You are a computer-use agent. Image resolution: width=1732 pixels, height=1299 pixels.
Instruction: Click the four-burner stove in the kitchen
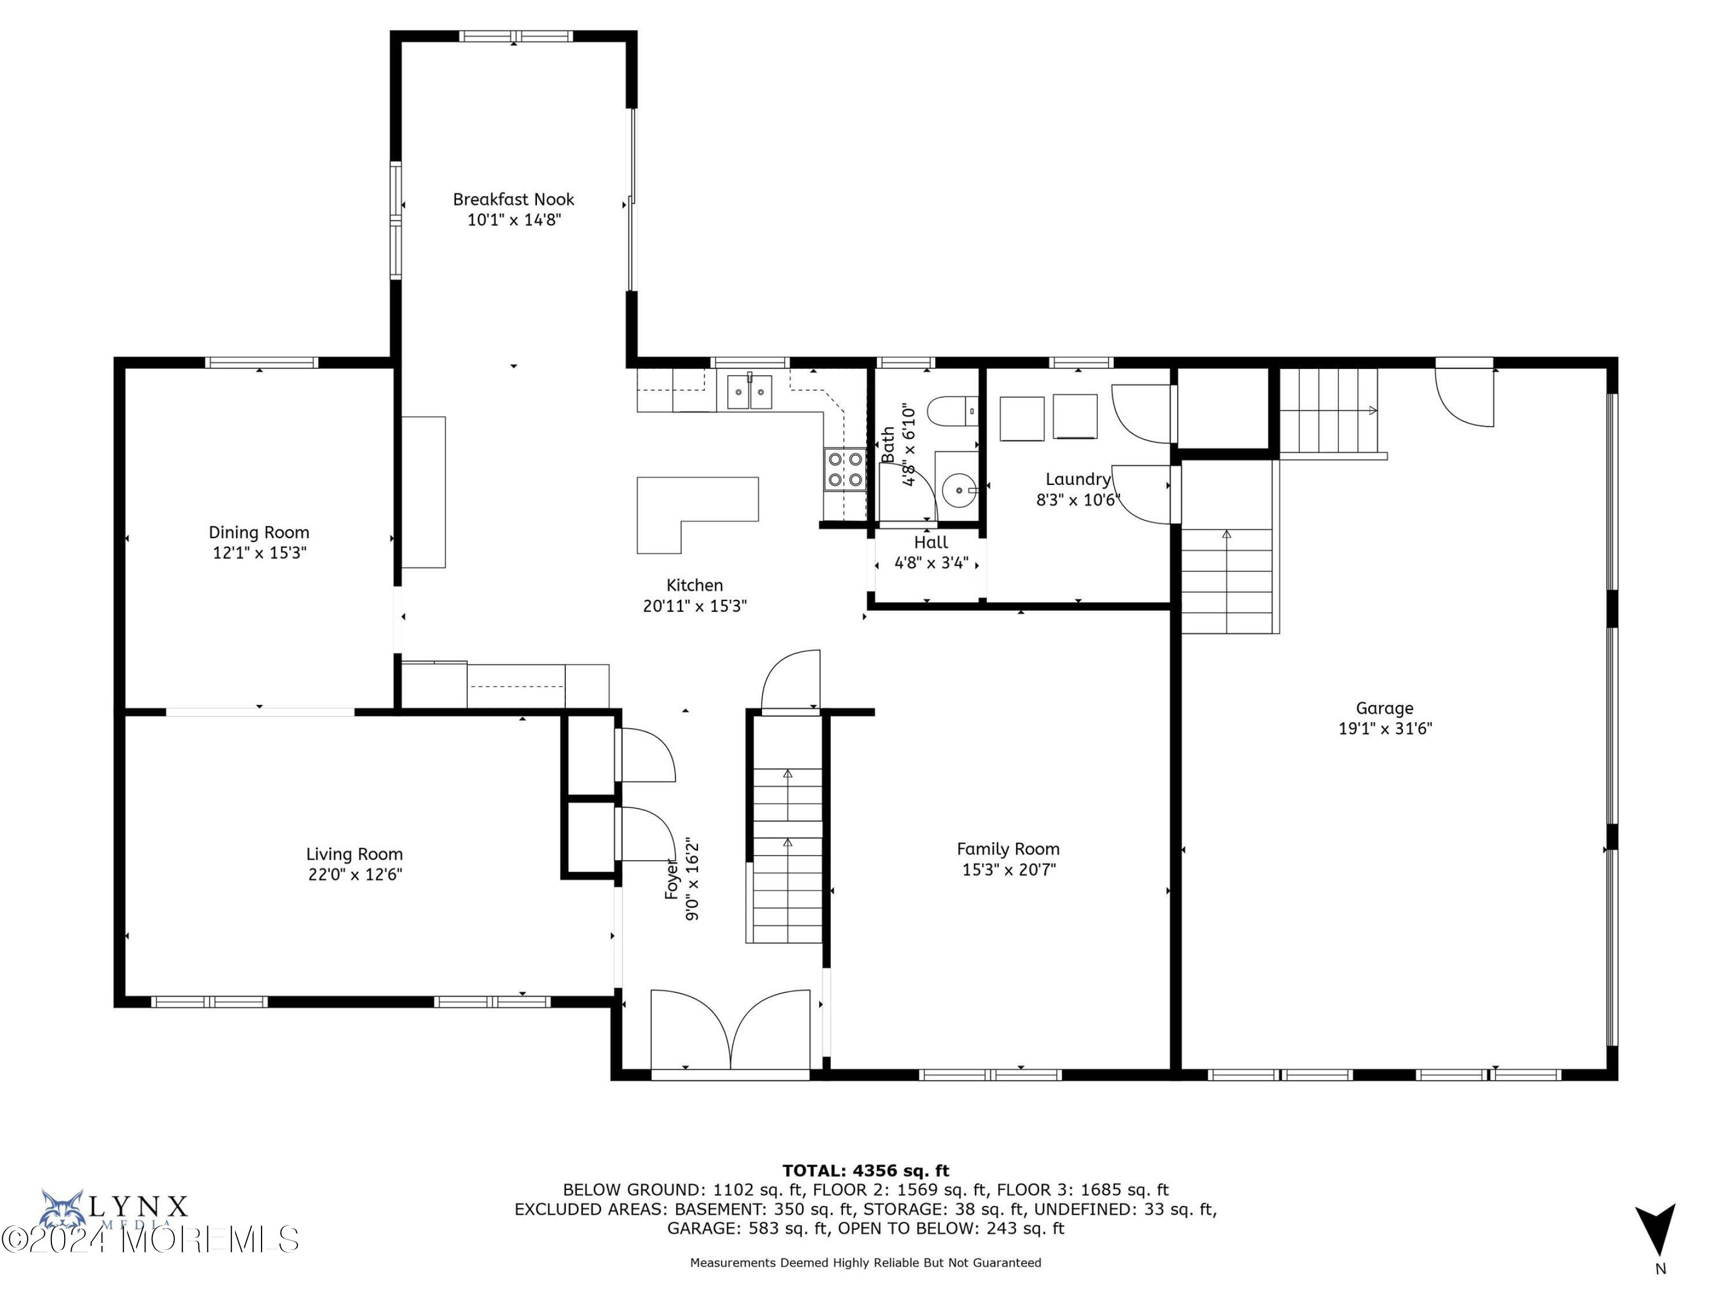point(845,469)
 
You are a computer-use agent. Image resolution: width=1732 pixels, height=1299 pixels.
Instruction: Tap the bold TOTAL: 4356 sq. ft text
point(865,1171)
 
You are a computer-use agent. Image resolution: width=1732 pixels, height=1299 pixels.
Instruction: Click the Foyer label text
point(671,879)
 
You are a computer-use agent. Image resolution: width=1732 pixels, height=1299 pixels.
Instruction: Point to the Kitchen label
point(694,585)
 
